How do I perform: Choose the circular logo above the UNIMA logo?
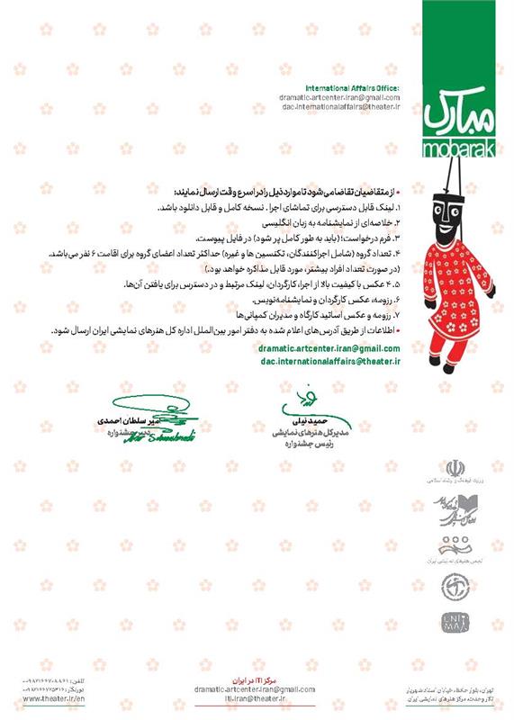[452, 586]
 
